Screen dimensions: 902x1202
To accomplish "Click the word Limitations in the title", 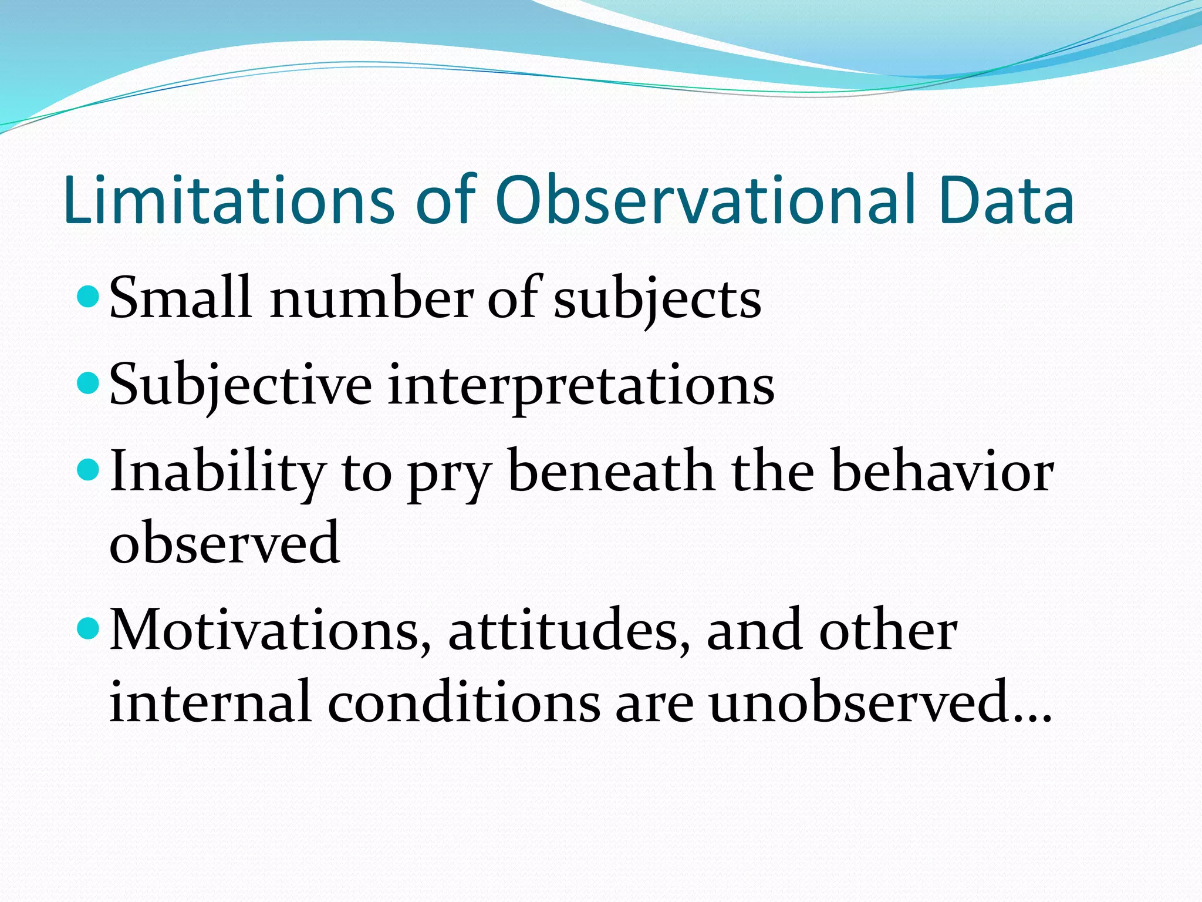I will click(x=228, y=201).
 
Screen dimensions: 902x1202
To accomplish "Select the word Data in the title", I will click(x=1006, y=201).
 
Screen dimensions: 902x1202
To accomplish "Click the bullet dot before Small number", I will click(x=89, y=297).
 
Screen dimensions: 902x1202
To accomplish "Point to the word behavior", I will click(x=943, y=472).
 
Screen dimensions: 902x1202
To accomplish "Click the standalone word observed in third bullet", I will click(x=225, y=543).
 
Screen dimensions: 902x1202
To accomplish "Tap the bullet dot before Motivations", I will click(x=89, y=630).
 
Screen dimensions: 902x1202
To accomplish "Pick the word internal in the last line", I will click(x=210, y=702).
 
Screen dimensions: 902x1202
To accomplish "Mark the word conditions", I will click(x=464, y=702).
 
